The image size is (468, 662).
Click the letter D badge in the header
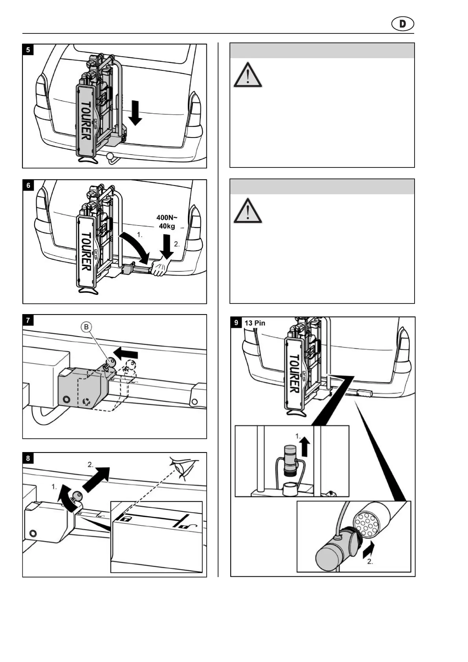[x=402, y=24]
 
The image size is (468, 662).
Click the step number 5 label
[x=28, y=50]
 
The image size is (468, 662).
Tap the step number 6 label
[x=28, y=186]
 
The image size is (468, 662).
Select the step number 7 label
[x=28, y=320]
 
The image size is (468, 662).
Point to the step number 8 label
[x=28, y=458]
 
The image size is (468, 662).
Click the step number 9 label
[x=236, y=323]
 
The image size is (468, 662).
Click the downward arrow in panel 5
[x=135, y=113]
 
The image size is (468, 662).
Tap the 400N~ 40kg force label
[x=167, y=222]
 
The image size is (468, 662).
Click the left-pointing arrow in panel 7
[x=125, y=352]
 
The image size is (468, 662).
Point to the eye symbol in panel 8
[x=182, y=467]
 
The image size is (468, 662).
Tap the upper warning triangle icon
[x=248, y=75]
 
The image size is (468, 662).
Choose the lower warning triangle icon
[x=248, y=211]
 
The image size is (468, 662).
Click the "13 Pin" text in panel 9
[x=255, y=323]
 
